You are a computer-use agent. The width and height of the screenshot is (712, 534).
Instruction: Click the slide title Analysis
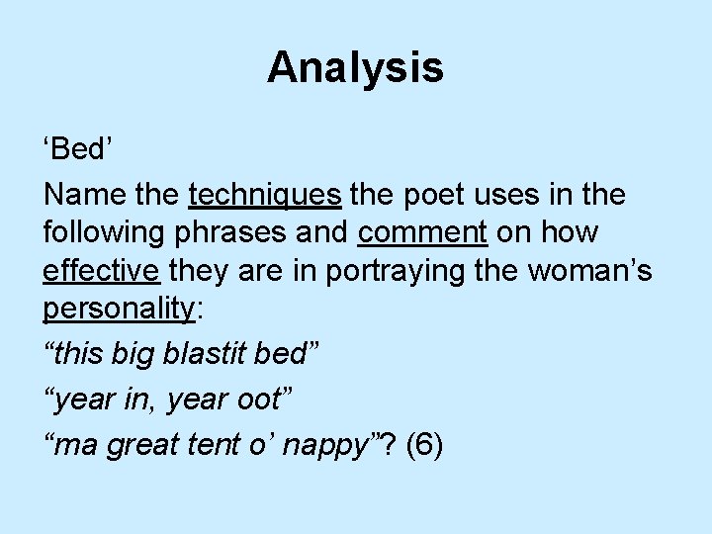coord(355,67)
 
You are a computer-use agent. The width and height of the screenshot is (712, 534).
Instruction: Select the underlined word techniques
coord(264,194)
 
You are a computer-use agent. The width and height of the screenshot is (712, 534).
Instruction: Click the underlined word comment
coord(423,232)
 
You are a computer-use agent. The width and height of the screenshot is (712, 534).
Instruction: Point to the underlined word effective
coord(103,270)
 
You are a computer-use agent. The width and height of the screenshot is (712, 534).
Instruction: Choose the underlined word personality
coord(120,309)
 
